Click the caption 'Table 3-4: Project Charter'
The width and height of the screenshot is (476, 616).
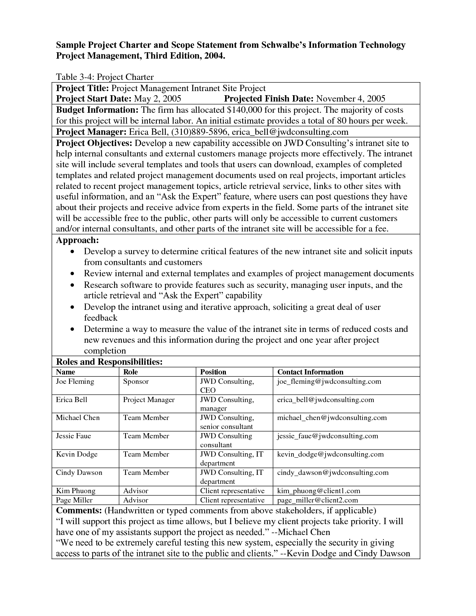(105, 77)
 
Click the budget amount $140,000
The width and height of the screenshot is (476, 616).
(244, 110)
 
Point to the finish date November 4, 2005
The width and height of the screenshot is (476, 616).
(351, 99)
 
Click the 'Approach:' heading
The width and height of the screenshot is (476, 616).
(77, 240)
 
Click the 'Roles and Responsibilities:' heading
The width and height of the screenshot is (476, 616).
(109, 362)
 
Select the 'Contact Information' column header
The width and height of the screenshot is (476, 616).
(310, 372)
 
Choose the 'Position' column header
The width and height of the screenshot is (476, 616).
(213, 372)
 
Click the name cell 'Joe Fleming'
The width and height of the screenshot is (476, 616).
(75, 382)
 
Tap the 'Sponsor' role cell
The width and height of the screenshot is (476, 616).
(136, 382)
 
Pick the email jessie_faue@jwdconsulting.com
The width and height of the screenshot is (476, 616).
(327, 436)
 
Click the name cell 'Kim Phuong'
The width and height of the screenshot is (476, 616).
(76, 491)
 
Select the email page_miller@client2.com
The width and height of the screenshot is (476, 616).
(317, 500)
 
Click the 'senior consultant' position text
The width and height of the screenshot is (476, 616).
(227, 427)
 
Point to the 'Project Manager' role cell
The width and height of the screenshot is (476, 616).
(149, 400)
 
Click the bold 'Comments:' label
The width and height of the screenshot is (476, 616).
(78, 511)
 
